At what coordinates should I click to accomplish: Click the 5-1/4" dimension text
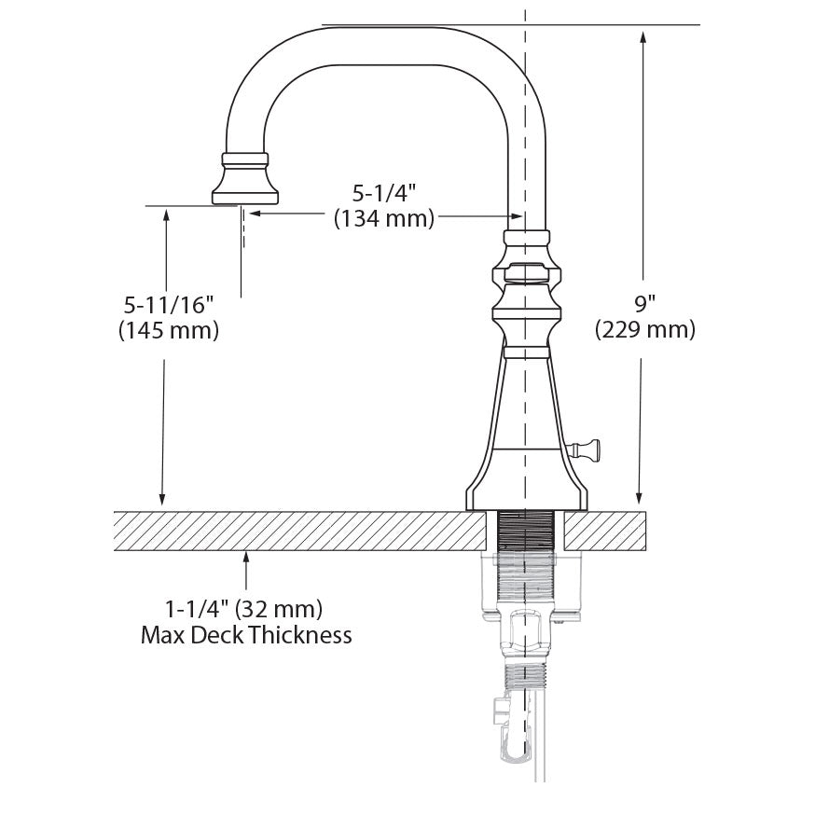[x=383, y=193]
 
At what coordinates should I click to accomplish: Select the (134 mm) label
[x=383, y=219]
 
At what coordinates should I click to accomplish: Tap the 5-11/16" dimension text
[x=169, y=304]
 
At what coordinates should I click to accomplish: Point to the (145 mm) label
[x=169, y=330]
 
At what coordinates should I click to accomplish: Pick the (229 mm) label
[x=644, y=329]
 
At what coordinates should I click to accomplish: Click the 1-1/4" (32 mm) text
[x=244, y=610]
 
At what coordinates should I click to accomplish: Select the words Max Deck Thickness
[x=246, y=636]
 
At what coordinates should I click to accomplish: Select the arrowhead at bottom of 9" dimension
[x=641, y=500]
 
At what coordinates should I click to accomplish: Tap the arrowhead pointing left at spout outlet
[x=255, y=214]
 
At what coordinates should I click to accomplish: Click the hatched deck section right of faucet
[x=606, y=531]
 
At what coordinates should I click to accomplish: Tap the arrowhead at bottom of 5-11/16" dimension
[x=165, y=501]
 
